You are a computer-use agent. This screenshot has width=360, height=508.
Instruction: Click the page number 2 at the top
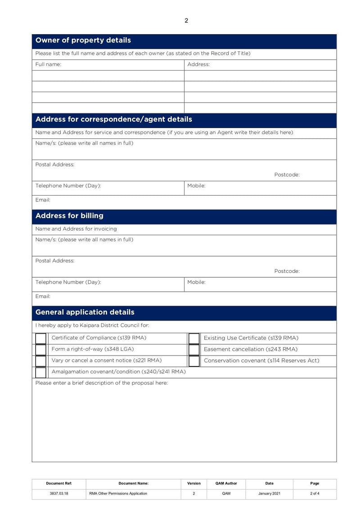186,21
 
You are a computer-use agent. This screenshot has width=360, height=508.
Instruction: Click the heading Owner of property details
83,40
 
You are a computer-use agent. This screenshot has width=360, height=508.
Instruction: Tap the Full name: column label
48,64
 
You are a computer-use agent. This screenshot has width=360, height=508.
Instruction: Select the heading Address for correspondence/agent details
113,120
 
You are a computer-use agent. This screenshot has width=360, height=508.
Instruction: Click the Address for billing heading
69,216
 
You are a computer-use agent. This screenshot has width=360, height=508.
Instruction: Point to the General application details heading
85,312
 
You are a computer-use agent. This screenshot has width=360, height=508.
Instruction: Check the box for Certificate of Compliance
41,339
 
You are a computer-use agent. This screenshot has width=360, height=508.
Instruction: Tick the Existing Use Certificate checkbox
194,339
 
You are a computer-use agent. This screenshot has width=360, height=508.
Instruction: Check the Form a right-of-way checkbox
41,350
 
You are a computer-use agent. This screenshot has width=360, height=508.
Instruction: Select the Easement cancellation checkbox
194,350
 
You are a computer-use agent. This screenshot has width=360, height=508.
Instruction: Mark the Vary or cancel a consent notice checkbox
41,361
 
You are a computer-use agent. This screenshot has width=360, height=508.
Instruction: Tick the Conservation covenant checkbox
194,361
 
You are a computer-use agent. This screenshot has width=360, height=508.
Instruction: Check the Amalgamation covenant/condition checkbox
41,372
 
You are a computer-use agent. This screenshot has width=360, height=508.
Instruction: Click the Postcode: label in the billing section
287,271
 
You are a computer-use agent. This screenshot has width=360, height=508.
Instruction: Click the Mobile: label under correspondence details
196,186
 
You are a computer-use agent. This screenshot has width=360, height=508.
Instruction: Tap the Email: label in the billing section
43,296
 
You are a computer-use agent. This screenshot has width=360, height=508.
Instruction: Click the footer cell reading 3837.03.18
59,494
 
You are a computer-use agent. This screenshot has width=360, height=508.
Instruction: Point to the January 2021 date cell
269,494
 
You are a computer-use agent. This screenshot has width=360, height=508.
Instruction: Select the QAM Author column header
226,483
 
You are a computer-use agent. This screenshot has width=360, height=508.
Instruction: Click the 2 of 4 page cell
315,494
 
